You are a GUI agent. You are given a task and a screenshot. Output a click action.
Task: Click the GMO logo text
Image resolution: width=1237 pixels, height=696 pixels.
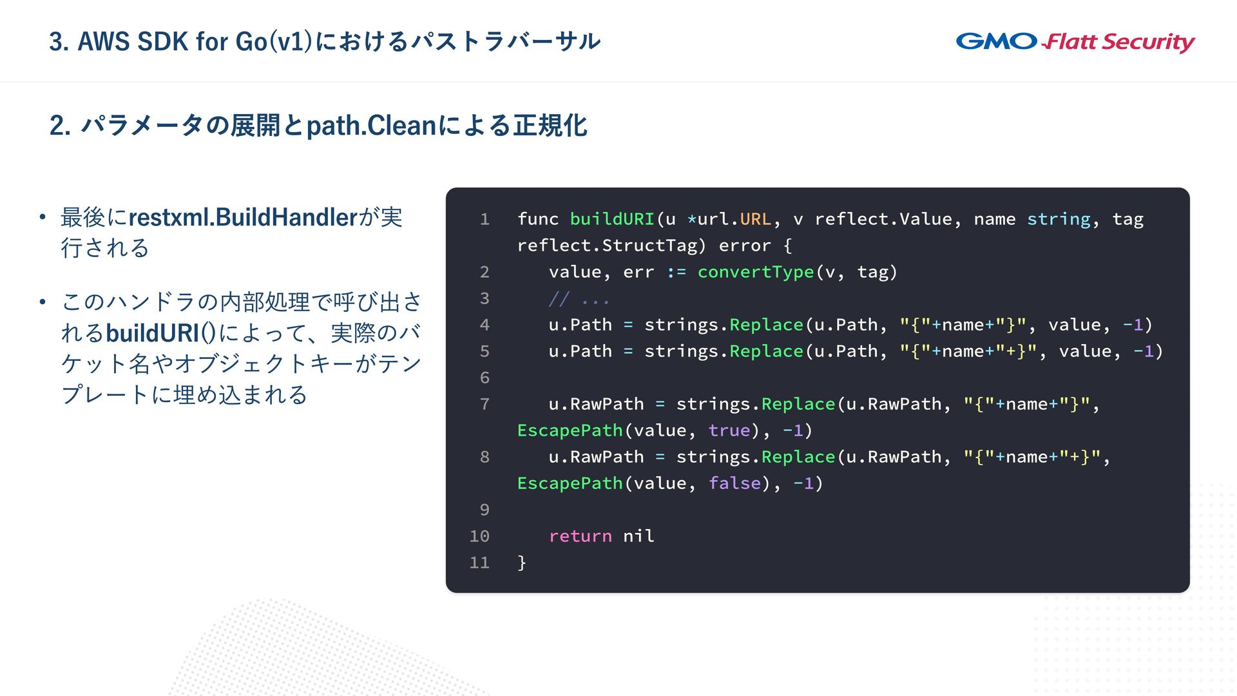[x=996, y=41]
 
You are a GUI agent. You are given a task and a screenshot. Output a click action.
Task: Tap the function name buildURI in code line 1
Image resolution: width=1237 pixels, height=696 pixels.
[x=612, y=219]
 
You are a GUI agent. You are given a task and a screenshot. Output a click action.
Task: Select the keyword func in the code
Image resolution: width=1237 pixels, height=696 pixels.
[x=538, y=219]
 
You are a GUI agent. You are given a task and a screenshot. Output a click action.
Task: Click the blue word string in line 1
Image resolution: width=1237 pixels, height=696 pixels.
[x=1059, y=219]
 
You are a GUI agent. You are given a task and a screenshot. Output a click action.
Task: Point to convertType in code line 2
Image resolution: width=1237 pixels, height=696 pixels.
[x=756, y=272]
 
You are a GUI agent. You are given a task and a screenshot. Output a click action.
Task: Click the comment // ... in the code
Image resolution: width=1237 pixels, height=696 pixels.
[x=579, y=299]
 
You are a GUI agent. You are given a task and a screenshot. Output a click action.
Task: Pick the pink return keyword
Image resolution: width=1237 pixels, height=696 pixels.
[x=580, y=536]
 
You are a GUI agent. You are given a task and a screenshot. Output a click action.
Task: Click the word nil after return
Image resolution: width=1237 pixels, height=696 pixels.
[x=638, y=536]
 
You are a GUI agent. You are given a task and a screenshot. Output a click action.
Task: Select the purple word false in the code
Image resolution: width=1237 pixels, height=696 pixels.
[x=734, y=483]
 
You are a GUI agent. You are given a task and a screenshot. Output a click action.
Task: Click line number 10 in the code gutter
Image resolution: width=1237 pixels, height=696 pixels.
[x=479, y=536]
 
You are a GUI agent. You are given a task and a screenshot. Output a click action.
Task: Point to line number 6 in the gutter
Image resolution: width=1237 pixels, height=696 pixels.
[x=484, y=378]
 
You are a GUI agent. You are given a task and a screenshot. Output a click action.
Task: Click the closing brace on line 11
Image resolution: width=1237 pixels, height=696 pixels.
[x=522, y=563]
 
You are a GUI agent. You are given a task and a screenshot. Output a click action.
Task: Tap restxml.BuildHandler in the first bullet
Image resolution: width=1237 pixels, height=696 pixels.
[x=243, y=218]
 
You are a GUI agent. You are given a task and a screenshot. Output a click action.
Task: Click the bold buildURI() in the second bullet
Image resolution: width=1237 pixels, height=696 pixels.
[x=161, y=333]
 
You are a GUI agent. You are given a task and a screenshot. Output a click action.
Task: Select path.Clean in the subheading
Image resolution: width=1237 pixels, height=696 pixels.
[x=372, y=126]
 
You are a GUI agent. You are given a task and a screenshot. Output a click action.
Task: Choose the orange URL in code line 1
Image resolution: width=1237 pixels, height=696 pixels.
[x=755, y=219]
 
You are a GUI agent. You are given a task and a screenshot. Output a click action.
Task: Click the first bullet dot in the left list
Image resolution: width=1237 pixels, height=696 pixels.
[x=43, y=217]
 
